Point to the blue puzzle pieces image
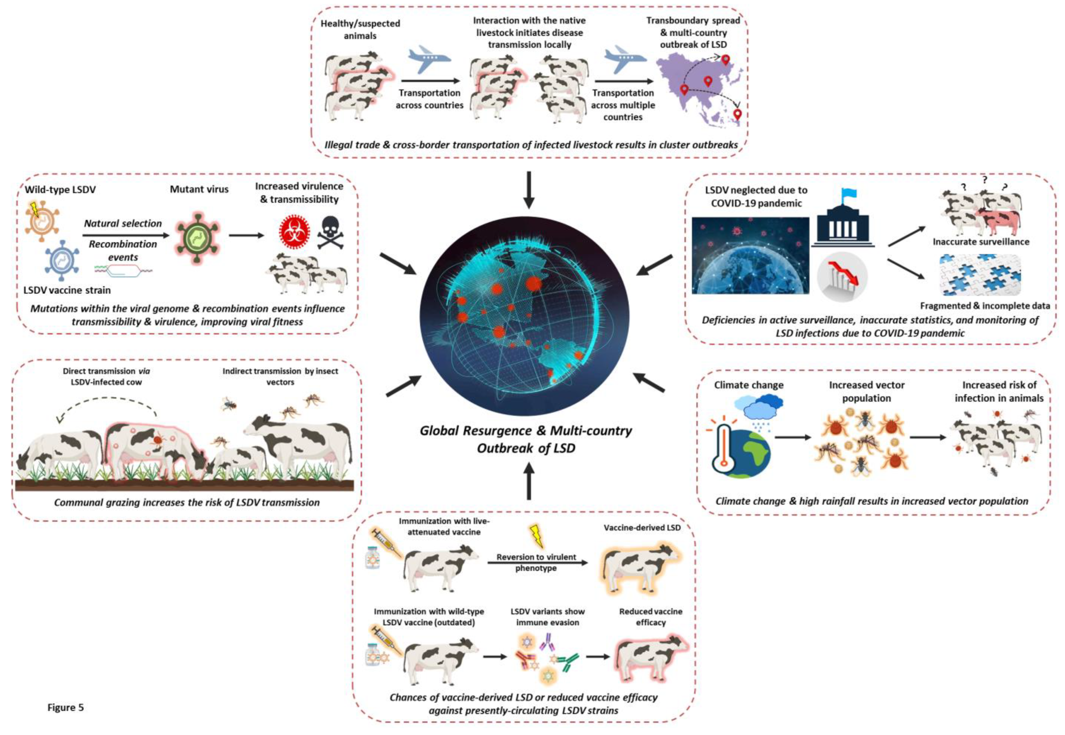[x=980, y=275]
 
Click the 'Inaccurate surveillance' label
[x=981, y=242]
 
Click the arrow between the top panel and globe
[x=529, y=190]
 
